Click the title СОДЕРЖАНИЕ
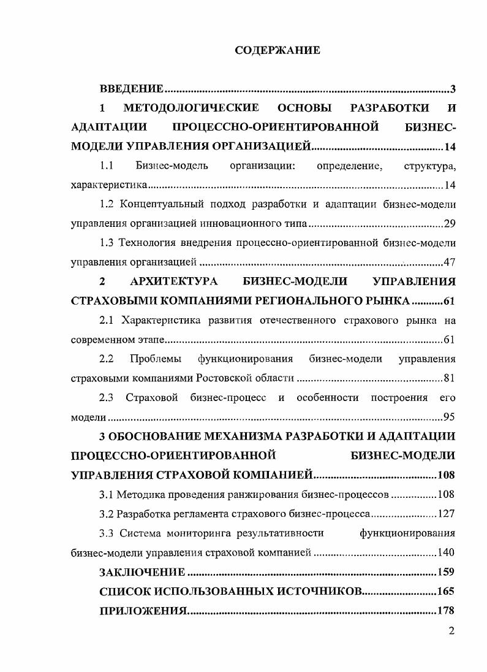(277, 51)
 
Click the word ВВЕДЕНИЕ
(131, 90)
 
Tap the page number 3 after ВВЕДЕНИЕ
(453, 90)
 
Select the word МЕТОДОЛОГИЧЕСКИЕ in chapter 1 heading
(191, 109)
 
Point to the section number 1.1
(107, 166)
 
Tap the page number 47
(449, 262)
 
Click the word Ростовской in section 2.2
(217, 378)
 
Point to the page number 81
(449, 378)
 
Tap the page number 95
(449, 418)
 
